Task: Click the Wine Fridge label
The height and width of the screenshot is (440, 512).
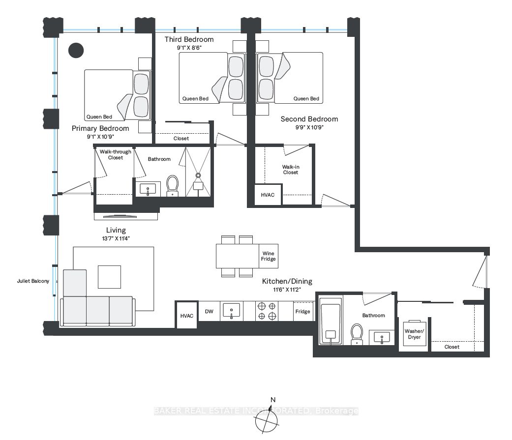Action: (x=268, y=256)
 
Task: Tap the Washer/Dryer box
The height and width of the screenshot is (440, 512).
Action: (x=414, y=333)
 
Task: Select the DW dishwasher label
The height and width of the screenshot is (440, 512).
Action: (x=209, y=311)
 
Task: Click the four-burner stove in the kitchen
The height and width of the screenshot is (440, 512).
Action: (x=267, y=311)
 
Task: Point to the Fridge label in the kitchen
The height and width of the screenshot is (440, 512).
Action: (x=302, y=311)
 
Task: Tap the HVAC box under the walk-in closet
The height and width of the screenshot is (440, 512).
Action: (x=268, y=195)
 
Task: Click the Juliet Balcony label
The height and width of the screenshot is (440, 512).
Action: (x=33, y=281)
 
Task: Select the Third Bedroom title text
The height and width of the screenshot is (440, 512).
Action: (x=189, y=39)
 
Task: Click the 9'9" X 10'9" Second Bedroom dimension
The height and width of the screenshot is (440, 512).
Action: (x=309, y=127)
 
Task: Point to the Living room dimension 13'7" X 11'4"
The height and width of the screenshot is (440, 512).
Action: (x=116, y=238)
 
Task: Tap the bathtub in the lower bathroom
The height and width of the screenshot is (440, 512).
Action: (x=331, y=321)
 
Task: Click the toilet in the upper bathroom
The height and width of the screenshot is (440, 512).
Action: (x=173, y=185)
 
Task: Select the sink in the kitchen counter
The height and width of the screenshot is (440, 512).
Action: (x=231, y=311)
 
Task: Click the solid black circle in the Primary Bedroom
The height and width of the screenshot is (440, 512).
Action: (x=76, y=50)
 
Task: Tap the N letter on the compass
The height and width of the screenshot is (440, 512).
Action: (x=273, y=400)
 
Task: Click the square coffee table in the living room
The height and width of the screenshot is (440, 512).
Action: (x=109, y=277)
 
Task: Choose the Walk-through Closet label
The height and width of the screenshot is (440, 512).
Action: (x=116, y=155)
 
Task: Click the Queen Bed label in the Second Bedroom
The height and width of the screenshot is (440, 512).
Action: (x=306, y=99)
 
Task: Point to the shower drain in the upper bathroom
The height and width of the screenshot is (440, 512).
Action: (x=198, y=176)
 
